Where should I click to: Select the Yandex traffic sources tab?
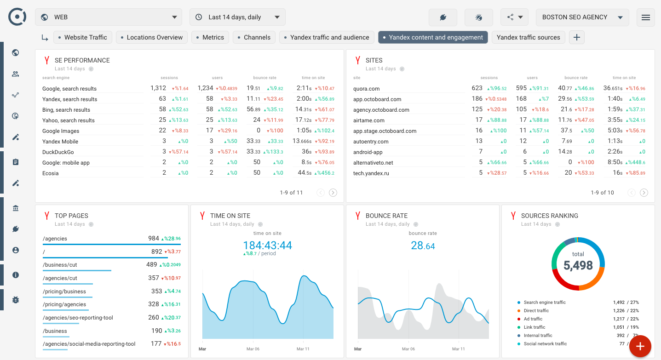pyautogui.click(x=528, y=37)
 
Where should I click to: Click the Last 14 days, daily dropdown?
pyautogui.click(x=237, y=17)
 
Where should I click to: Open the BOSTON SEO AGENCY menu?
pyautogui.click(x=582, y=17)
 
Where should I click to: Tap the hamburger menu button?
pyautogui.click(x=645, y=17)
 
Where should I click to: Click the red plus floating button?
pyautogui.click(x=640, y=346)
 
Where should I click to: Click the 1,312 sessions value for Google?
pyautogui.click(x=158, y=88)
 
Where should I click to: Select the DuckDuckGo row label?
pyautogui.click(x=58, y=152)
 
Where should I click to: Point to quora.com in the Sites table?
pyautogui.click(x=367, y=89)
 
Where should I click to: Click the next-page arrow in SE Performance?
pyautogui.click(x=333, y=193)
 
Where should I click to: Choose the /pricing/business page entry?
pyautogui.click(x=64, y=291)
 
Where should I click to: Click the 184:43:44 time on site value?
pyautogui.click(x=267, y=245)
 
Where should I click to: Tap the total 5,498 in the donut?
pyautogui.click(x=578, y=265)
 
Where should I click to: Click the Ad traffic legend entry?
pyautogui.click(x=533, y=319)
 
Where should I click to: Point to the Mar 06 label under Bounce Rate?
pyautogui.click(x=408, y=349)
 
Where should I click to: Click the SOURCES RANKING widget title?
pyautogui.click(x=549, y=216)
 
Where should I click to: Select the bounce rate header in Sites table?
pyautogui.click(x=575, y=78)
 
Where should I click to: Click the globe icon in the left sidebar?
pyautogui.click(x=16, y=53)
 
